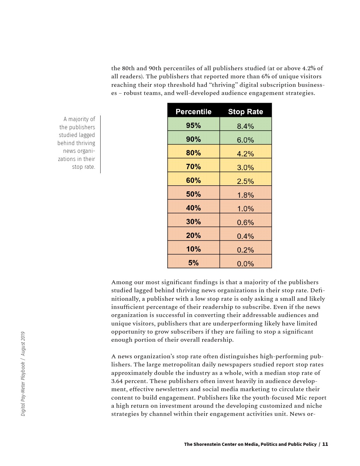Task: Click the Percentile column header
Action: pyautogui.click(x=193, y=112)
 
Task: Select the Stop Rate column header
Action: pyautogui.click(x=246, y=112)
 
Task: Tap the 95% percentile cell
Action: pyautogui.click(x=193, y=125)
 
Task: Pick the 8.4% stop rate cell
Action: pyautogui.click(x=246, y=126)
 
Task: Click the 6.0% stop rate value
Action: pyautogui.click(x=246, y=140)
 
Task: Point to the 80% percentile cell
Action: pyautogui.click(x=193, y=153)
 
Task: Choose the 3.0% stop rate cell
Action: pyautogui.click(x=246, y=167)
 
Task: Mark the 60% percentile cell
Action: pyautogui.click(x=193, y=180)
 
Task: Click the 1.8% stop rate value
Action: pyautogui.click(x=246, y=195)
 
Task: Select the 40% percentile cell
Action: pyautogui.click(x=193, y=208)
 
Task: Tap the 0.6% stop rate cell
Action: pyautogui.click(x=246, y=222)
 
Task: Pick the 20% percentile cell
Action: pyautogui.click(x=193, y=235)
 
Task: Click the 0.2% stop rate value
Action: pyautogui.click(x=246, y=250)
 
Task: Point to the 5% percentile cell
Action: pyautogui.click(x=193, y=263)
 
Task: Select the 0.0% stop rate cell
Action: pyautogui.click(x=246, y=264)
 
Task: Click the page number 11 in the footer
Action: pyautogui.click(x=325, y=444)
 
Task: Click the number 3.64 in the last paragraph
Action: pyautogui.click(x=118, y=381)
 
